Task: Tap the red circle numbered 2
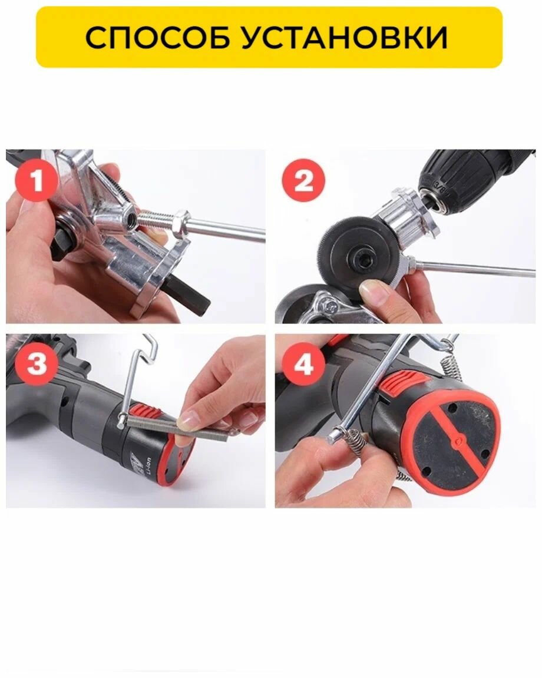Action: pos(303,180)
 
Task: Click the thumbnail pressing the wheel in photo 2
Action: pos(375,292)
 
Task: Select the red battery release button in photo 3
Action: pos(146,412)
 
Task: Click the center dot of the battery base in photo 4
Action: pos(458,442)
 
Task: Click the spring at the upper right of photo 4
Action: pos(451,359)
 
